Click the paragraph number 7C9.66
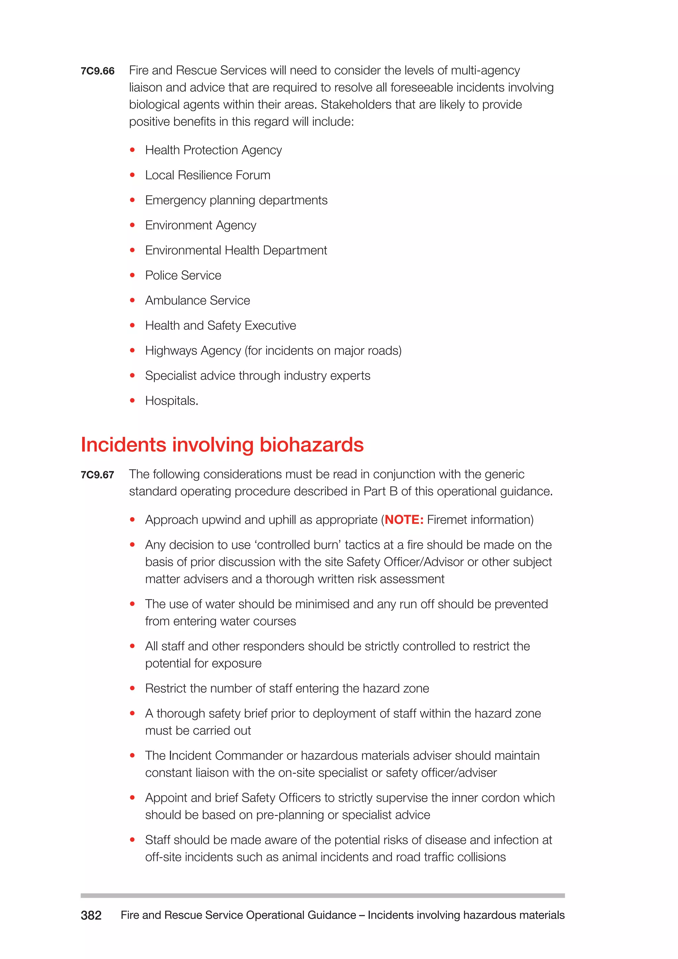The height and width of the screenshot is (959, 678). click(x=97, y=71)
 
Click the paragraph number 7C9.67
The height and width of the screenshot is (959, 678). click(x=97, y=475)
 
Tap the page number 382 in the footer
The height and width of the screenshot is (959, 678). click(x=91, y=915)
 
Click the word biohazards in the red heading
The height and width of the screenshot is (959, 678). click(x=312, y=444)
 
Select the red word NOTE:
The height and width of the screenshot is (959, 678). click(x=404, y=520)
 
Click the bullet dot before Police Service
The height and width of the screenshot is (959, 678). click(x=132, y=275)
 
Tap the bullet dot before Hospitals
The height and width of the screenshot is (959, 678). click(x=132, y=401)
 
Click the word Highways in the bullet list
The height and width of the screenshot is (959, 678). click(x=171, y=350)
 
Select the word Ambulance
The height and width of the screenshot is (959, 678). click(x=175, y=300)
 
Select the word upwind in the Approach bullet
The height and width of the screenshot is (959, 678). click(x=221, y=520)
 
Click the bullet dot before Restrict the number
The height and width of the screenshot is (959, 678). click(x=132, y=688)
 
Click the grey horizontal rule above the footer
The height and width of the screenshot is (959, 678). click(x=322, y=895)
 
